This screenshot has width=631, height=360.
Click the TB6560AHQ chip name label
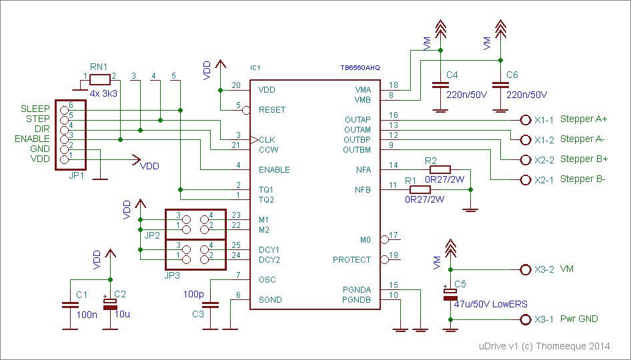coord(360,68)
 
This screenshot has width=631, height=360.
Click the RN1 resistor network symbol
coord(99,79)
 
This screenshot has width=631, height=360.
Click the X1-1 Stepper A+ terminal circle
coord(524,120)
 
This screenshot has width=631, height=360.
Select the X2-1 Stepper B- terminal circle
coord(524,180)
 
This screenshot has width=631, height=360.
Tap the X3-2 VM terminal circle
coord(524,270)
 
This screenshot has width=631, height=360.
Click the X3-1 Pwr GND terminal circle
coord(524,320)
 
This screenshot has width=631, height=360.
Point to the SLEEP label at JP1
coord(35,109)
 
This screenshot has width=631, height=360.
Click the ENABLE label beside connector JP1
coord(32,139)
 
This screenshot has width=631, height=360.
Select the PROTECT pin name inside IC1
coord(352,260)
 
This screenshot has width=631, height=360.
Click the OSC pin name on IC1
coord(267,280)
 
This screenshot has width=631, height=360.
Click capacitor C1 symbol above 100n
coord(70,305)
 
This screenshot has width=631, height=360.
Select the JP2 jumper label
coord(153,235)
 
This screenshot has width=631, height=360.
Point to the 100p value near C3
coord(193,293)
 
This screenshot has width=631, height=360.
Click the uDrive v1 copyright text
coord(544,347)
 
